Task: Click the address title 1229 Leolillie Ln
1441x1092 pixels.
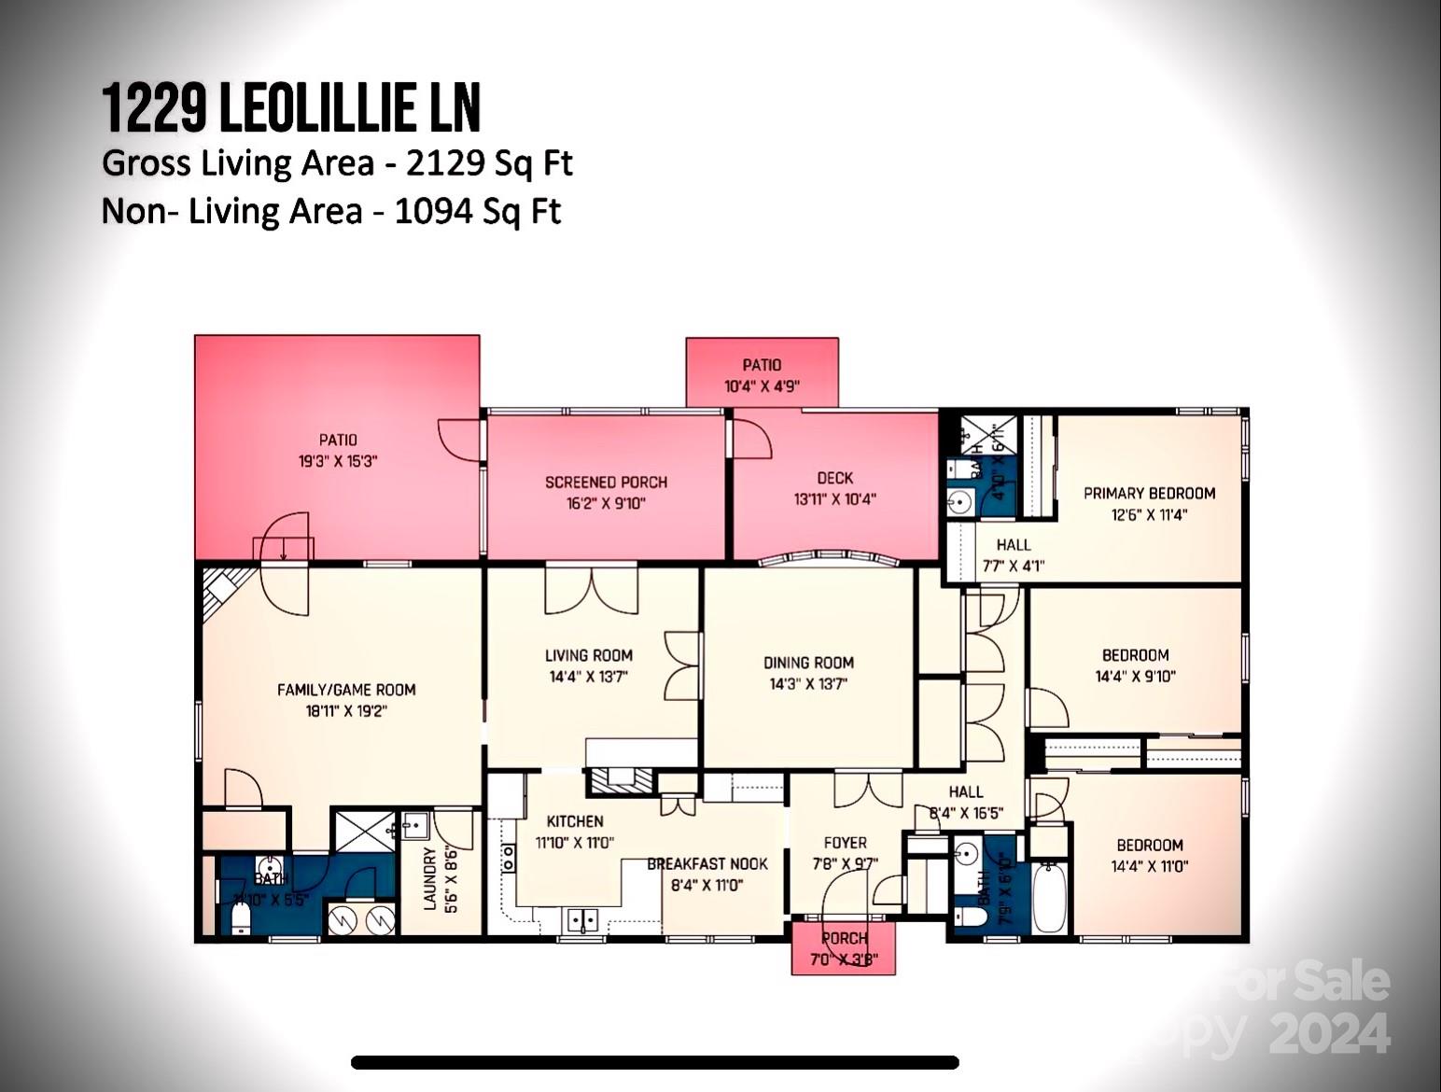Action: [291, 107]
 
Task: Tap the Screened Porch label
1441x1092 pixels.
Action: [606, 483]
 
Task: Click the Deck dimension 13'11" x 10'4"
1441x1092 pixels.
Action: [834, 499]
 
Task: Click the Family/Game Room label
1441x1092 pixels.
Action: [346, 690]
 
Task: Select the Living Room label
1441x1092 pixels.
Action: [588, 656]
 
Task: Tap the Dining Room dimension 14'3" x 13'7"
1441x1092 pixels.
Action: [808, 684]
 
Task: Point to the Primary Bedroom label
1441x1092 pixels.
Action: [1149, 494]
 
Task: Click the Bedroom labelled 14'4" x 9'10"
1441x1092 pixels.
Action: [1135, 665]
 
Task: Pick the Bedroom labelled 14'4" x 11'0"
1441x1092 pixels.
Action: [1149, 855]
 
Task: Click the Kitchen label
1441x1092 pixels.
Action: [575, 821]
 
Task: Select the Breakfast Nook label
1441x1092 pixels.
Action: [707, 864]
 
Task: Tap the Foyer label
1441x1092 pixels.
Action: [845, 843]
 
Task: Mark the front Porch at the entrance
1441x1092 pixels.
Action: [844, 948]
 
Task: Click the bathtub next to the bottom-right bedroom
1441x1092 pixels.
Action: [1050, 897]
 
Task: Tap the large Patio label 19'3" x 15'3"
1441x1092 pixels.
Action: [338, 450]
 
